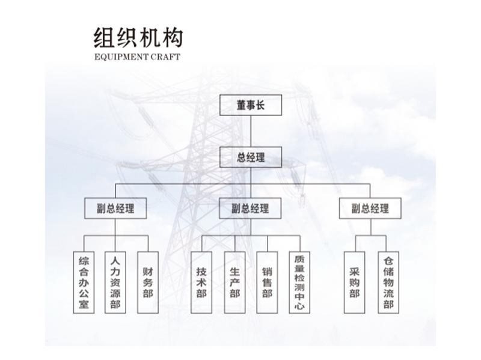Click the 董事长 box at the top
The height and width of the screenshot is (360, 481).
tap(251, 105)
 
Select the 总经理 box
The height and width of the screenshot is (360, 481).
tap(251, 157)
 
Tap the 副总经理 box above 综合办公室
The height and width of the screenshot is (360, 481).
tap(115, 209)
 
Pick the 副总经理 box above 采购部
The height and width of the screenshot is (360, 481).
tap(370, 209)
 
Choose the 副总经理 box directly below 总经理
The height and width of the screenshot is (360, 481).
tap(250, 209)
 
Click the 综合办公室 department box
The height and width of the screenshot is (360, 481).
tap(84, 282)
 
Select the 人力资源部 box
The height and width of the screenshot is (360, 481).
tap(115, 282)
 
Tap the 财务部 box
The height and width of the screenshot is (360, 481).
tap(148, 282)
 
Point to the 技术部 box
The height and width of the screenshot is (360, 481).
tap(201, 282)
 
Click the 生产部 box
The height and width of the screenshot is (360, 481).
tap(234, 282)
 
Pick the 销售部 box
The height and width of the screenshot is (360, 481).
tap(267, 282)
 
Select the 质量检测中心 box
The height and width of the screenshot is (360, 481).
tap(299, 282)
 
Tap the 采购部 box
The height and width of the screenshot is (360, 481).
tap(354, 282)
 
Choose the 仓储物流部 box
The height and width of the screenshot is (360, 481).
tap(388, 282)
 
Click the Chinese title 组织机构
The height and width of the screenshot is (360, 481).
tap(138, 37)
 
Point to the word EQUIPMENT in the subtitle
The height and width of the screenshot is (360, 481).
tap(121, 57)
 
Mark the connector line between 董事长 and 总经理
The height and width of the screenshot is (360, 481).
tap(251, 131)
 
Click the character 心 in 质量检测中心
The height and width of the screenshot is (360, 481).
tap(299, 306)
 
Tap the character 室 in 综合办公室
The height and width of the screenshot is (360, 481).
tap(84, 304)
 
